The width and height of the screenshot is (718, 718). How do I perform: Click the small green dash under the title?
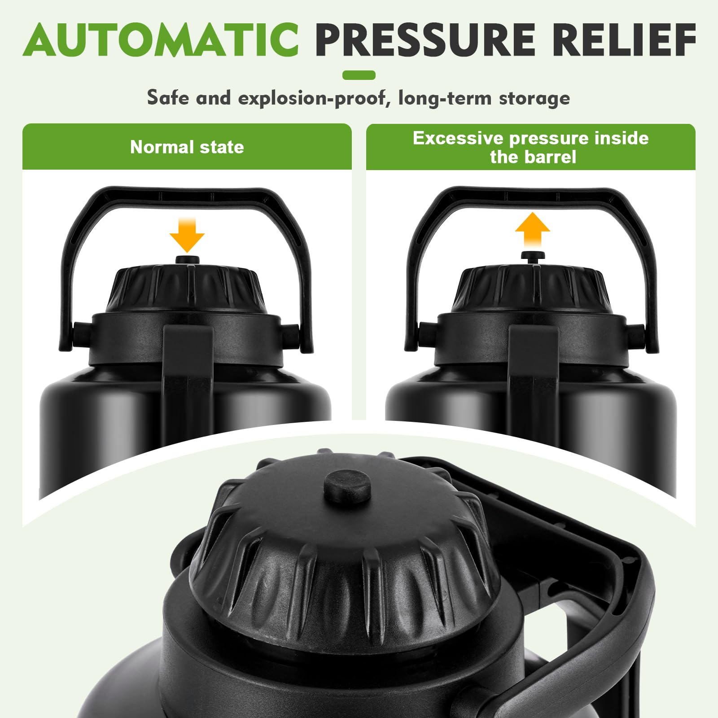coord(359,75)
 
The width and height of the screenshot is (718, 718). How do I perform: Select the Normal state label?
coord(187,147)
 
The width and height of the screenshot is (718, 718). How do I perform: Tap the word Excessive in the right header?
coord(458,138)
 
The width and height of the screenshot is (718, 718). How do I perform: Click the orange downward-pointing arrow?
coord(187,235)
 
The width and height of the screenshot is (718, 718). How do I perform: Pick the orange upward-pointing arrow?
coord(532,229)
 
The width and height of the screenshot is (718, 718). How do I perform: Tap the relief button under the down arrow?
coord(188,261)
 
